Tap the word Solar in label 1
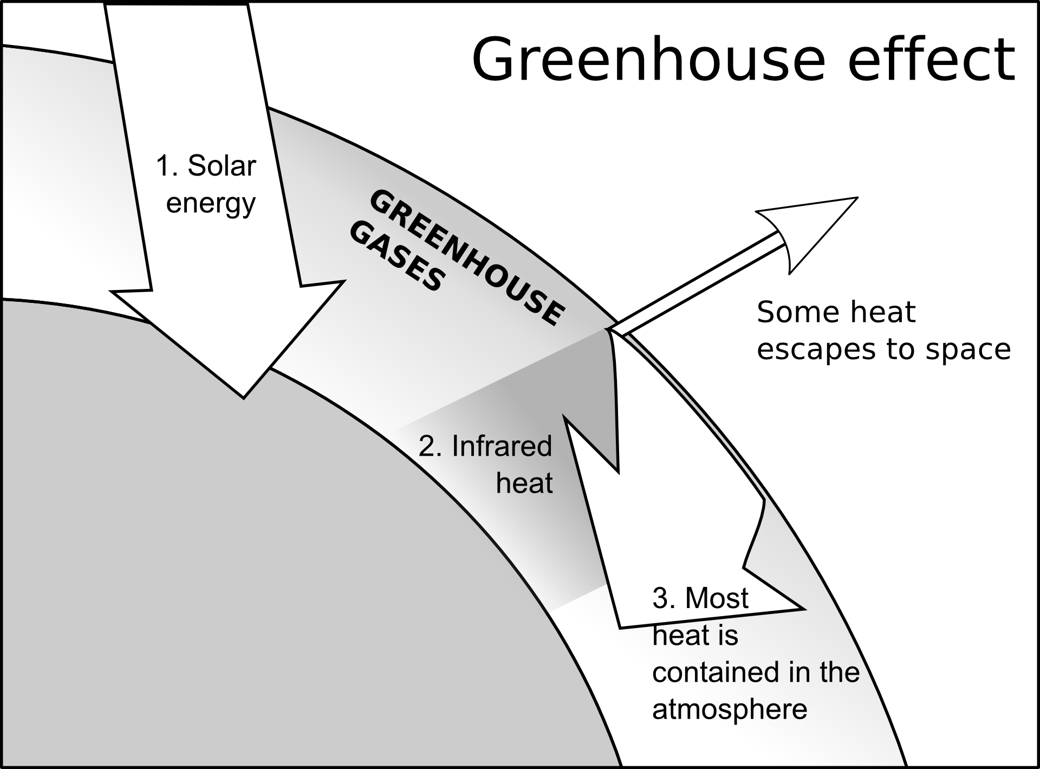(221, 166)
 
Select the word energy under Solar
(211, 204)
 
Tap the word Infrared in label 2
(502, 447)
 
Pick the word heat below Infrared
(524, 483)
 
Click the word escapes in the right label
(818, 350)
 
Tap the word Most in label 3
(717, 599)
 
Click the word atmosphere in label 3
(730, 709)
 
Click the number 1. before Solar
(167, 166)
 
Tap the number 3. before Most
(664, 599)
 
